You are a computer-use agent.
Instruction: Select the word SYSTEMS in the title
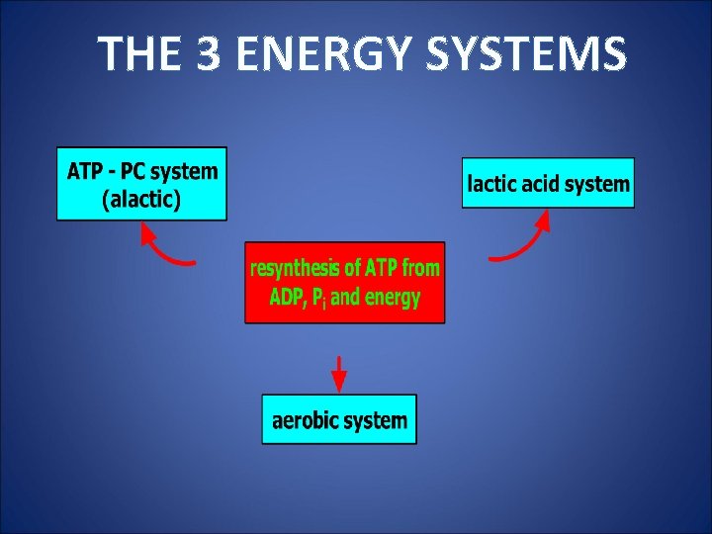tap(526, 54)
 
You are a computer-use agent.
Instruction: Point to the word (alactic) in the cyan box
tap(141, 200)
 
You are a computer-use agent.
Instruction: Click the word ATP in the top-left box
tap(84, 170)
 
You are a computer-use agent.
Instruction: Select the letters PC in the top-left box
tap(132, 170)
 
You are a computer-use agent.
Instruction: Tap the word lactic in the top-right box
tap(490, 183)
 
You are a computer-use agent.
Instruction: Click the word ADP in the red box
tap(289, 298)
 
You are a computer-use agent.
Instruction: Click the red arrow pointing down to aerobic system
tap(339, 374)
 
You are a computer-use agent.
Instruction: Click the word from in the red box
tap(420, 268)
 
